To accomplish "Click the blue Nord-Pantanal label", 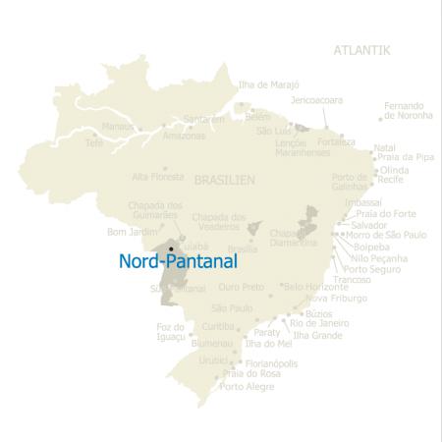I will click(177, 262).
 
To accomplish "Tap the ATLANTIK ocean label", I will click(362, 50).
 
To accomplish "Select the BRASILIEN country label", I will click(225, 181).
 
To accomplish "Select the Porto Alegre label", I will click(248, 386).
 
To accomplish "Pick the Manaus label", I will click(117, 127).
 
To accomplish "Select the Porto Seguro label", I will click(370, 269).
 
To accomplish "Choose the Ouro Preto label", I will click(241, 287).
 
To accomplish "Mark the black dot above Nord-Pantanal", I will click(171, 249).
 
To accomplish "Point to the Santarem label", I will click(204, 119).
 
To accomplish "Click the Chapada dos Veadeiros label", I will click(218, 221).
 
